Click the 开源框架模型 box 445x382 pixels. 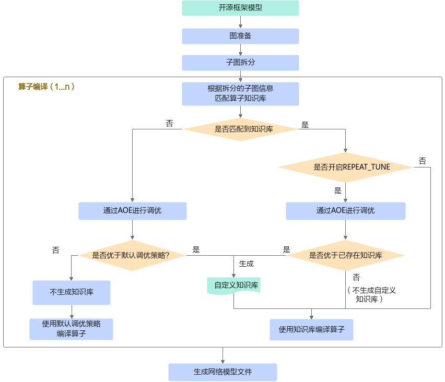[x=240, y=8]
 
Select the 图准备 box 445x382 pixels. [x=240, y=36]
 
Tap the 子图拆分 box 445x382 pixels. [x=240, y=63]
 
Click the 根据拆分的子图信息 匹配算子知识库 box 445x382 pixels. [x=240, y=94]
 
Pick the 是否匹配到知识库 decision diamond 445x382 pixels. [x=240, y=129]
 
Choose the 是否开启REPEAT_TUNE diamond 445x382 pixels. [x=345, y=168]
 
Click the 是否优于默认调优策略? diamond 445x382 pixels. [x=132, y=256]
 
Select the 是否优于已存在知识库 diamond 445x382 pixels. [x=345, y=256]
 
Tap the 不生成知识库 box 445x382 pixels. [x=72, y=293]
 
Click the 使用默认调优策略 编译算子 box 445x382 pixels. [x=71, y=329]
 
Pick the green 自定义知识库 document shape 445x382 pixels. [x=233, y=285]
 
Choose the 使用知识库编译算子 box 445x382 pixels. [x=311, y=329]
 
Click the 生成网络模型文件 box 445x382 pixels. [x=223, y=372]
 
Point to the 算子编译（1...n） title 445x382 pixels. [x=46, y=87]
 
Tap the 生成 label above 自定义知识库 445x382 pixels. [x=246, y=264]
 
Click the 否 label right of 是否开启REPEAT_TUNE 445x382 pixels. [x=423, y=161]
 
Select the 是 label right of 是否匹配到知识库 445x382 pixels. [x=305, y=125]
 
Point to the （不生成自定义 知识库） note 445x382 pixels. [x=371, y=295]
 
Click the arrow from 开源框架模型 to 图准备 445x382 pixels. [x=240, y=22]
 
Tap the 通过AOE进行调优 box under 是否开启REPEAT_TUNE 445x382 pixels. [x=345, y=211]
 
